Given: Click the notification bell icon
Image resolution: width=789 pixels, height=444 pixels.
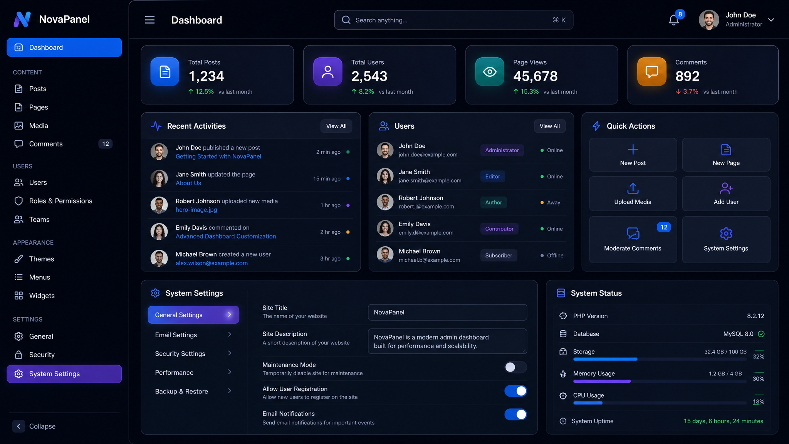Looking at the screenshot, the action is [x=673, y=20].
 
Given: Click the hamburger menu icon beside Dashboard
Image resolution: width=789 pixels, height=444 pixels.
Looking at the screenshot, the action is [x=149, y=20].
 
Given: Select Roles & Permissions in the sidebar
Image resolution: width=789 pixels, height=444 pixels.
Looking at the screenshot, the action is [x=60, y=201].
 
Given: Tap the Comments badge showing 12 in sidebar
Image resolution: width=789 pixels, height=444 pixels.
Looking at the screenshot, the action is [x=106, y=144].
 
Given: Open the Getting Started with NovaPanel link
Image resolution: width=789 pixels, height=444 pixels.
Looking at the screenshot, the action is [x=218, y=156].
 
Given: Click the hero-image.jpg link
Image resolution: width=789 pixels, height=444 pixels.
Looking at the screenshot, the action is [x=196, y=210].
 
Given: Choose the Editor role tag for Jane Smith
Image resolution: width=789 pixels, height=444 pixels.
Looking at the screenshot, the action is [x=493, y=177].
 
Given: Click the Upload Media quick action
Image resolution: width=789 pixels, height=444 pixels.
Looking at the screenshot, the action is [x=633, y=193].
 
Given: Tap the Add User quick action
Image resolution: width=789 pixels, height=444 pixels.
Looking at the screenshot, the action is [x=726, y=193].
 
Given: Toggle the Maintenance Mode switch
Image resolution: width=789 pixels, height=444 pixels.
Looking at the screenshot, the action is [x=515, y=367].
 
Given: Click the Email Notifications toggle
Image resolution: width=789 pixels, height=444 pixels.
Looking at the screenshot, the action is [x=515, y=414].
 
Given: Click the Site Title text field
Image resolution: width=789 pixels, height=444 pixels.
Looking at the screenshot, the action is [x=448, y=312].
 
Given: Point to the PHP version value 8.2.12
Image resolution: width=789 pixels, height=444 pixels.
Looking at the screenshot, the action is [x=755, y=316].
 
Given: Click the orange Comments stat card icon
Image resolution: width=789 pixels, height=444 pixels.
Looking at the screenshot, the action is [x=652, y=72].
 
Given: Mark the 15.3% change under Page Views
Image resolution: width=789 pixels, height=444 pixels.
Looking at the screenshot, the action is [x=526, y=92].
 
